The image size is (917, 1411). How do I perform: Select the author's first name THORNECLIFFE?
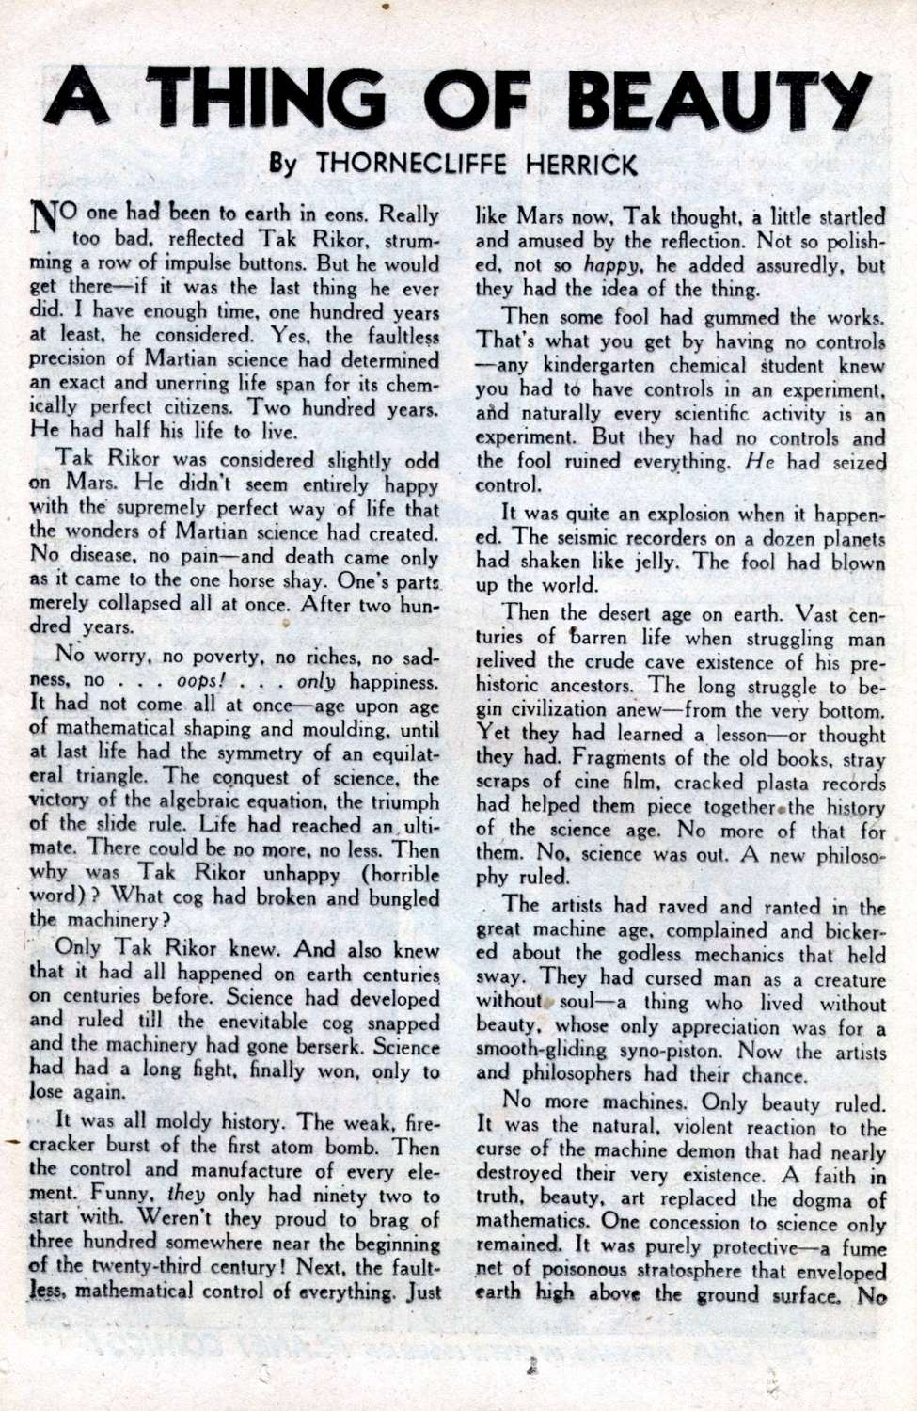411,164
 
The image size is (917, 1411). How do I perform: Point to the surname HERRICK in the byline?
576,164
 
